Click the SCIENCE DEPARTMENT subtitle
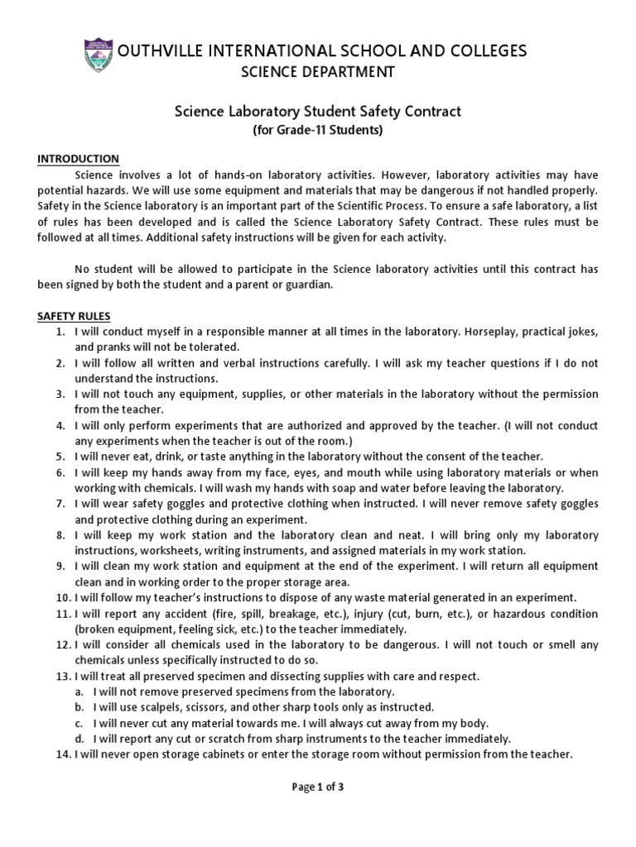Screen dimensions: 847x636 tap(318, 73)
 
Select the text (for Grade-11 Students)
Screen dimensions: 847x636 tap(318, 129)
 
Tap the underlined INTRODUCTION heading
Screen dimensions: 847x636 tap(79, 159)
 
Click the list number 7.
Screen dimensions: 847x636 tap(60, 504)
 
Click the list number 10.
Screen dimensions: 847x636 tap(59, 597)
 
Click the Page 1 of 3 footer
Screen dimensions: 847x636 tap(318, 787)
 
